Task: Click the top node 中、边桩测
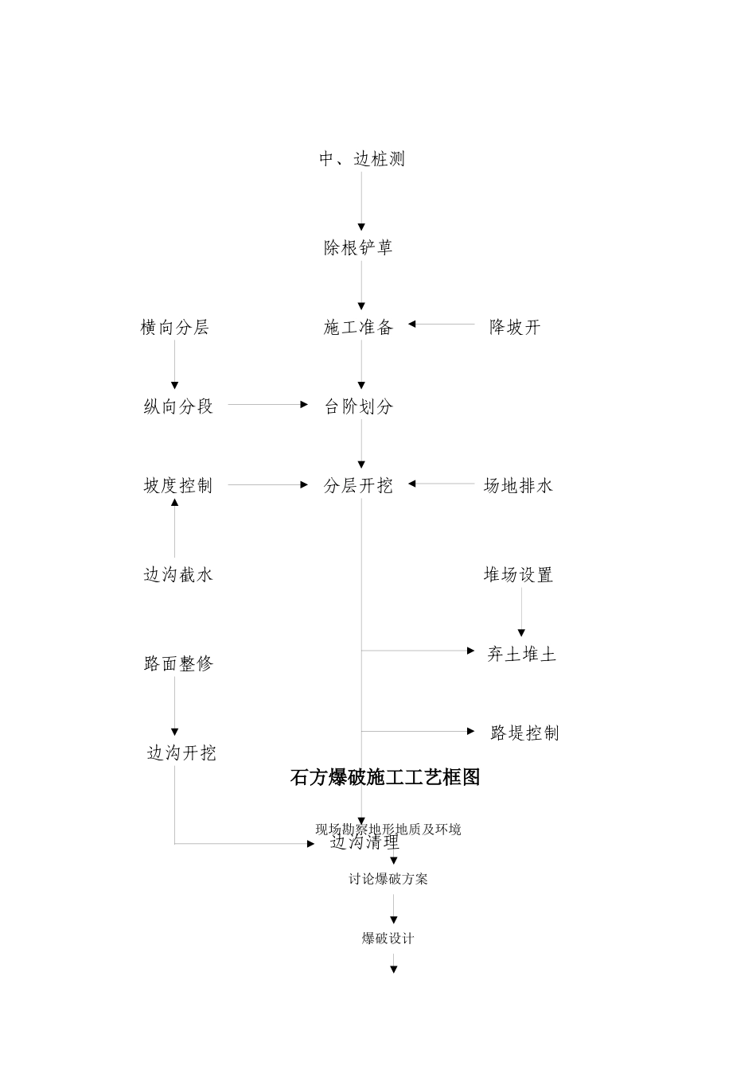[362, 159]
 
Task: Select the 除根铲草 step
[358, 248]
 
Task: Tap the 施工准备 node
[358, 328]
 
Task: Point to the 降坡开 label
[515, 328]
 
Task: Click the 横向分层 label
[175, 328]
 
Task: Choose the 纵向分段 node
[178, 406]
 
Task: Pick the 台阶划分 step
[358, 406]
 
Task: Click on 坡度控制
[178, 486]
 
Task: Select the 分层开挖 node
[358, 486]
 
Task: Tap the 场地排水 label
[518, 486]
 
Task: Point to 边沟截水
[178, 575]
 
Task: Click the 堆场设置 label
[518, 575]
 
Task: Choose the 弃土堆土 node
[522, 655]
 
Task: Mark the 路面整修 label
[178, 663]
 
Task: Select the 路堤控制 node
[524, 733]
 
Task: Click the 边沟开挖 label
[181, 753]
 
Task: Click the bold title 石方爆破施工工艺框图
[385, 777]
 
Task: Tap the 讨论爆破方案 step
[388, 879]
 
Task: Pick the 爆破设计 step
[388, 939]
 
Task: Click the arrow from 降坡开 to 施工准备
[441, 325]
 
